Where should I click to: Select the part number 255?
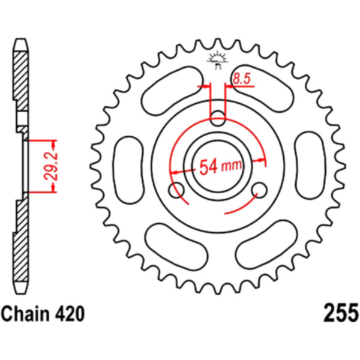pyautogui.click(x=340, y=313)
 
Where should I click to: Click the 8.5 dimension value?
pyautogui.click(x=242, y=77)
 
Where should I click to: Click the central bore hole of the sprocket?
pyautogui.click(x=217, y=166)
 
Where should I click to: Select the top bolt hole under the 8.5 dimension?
pyautogui.click(x=217, y=115)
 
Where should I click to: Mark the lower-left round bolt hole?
pyautogui.click(x=177, y=191)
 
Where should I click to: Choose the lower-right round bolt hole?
pyautogui.click(x=259, y=191)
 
